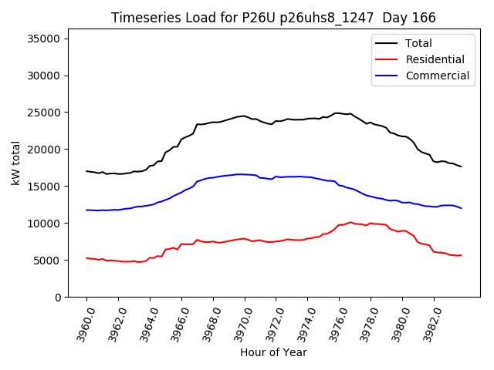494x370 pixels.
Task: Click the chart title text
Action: point(273,18)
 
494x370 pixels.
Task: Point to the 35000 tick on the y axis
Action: point(46,39)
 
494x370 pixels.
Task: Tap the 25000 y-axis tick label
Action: point(46,113)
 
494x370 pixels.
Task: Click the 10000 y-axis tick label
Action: point(46,224)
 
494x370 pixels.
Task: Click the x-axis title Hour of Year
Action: point(273,353)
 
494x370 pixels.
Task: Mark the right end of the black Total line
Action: point(461,166)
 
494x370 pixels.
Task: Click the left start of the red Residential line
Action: point(86,258)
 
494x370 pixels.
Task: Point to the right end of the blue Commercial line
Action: point(461,208)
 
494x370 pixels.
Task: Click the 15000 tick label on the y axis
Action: point(46,187)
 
